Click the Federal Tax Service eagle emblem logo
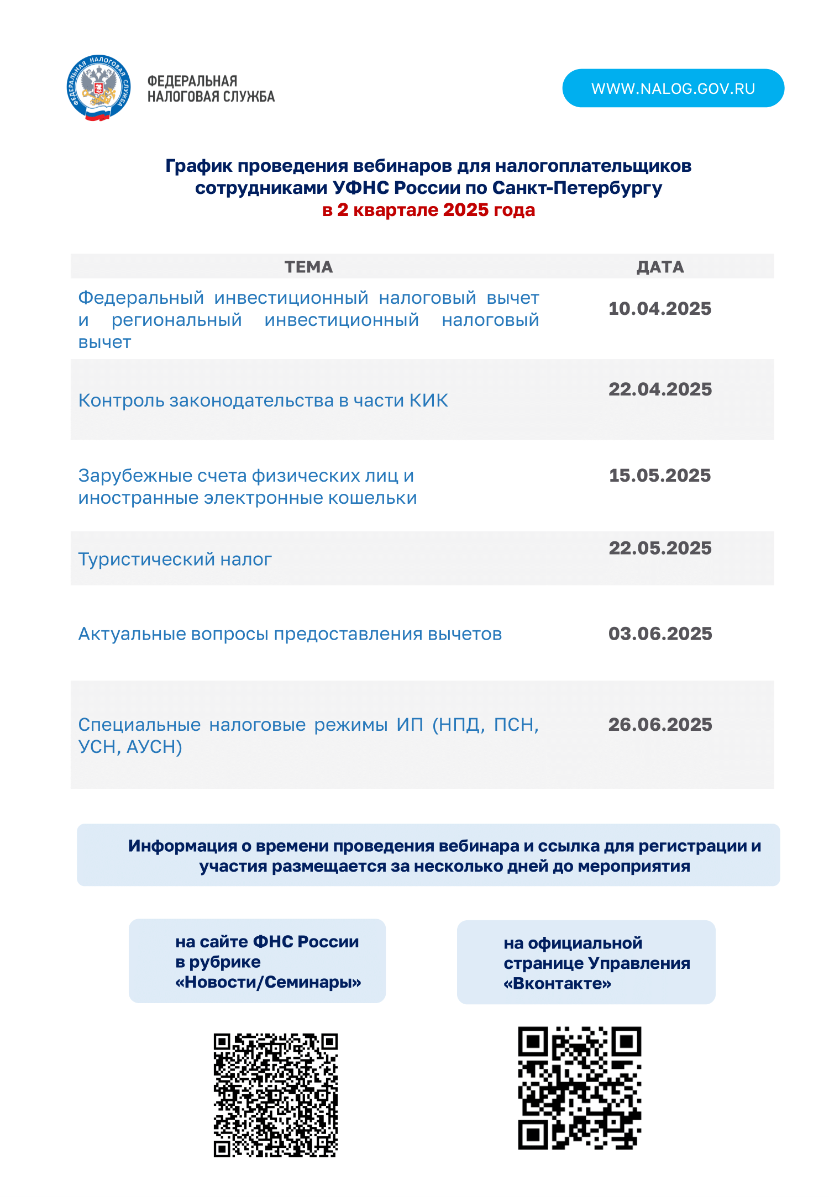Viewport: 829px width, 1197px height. pyautogui.click(x=98, y=88)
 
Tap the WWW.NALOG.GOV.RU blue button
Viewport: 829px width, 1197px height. pyautogui.click(x=673, y=88)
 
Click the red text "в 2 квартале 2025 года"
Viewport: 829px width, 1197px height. pyautogui.click(x=428, y=210)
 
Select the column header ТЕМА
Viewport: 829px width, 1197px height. pyautogui.click(x=308, y=267)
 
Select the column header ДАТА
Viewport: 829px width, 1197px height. pyautogui.click(x=660, y=267)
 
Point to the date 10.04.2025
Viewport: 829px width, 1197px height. pyautogui.click(x=659, y=309)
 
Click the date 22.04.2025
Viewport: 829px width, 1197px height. pyautogui.click(x=660, y=389)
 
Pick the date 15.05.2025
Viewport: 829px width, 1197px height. pyautogui.click(x=659, y=476)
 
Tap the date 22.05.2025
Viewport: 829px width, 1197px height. pyautogui.click(x=660, y=548)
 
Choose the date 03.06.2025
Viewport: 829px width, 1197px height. pyautogui.click(x=660, y=634)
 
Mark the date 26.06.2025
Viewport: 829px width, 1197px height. pyautogui.click(x=660, y=725)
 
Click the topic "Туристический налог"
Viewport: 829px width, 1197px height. pyautogui.click(x=175, y=560)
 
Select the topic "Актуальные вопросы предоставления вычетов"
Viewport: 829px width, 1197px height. pyautogui.click(x=290, y=634)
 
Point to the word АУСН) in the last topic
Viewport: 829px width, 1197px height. pyautogui.click(x=154, y=747)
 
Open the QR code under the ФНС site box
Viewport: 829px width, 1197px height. pyautogui.click(x=275, y=1095)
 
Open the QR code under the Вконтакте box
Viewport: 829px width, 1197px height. pyautogui.click(x=579, y=1088)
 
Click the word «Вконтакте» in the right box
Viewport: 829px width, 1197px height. pyautogui.click(x=557, y=984)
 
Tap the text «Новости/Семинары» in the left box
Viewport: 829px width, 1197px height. pyautogui.click(x=268, y=982)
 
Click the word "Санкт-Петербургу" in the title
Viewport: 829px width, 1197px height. pyautogui.click(x=577, y=188)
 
